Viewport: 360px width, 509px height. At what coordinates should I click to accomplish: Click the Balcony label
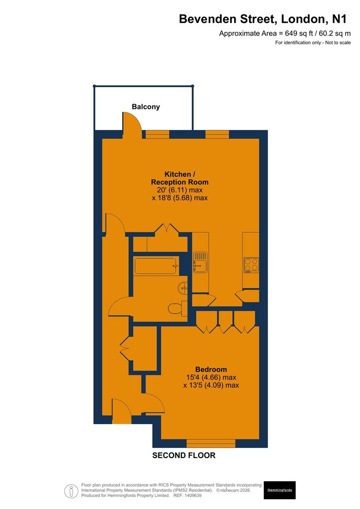[x=146, y=107]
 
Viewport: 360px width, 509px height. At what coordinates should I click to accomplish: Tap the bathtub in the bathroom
[x=156, y=266]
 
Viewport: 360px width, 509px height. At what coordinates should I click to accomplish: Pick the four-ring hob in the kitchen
[x=251, y=265]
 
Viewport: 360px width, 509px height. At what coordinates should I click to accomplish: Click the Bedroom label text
[x=211, y=369]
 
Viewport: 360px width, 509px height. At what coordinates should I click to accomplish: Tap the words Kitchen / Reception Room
[x=180, y=178]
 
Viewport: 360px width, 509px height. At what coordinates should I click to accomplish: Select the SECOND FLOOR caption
[x=184, y=455]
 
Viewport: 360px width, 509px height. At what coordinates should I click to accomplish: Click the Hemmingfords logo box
[x=279, y=490]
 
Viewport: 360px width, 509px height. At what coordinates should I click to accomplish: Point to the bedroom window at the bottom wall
[x=211, y=443]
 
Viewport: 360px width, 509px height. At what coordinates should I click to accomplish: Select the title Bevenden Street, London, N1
[x=262, y=19]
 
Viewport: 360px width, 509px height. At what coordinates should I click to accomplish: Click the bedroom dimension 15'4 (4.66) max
[x=211, y=378]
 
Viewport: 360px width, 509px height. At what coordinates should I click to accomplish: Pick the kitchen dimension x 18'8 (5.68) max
[x=180, y=198]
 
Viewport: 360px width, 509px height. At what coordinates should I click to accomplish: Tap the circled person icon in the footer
[x=71, y=491]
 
